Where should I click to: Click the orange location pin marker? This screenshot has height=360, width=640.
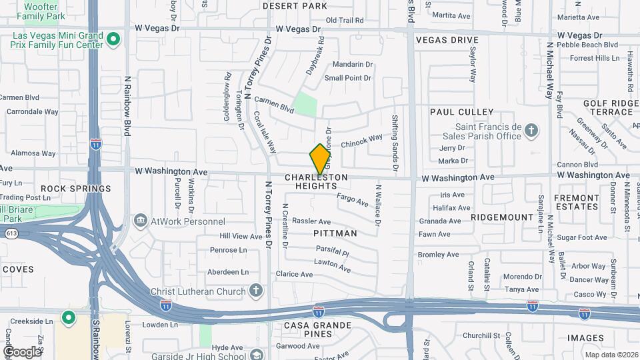pyautogui.click(x=320, y=159)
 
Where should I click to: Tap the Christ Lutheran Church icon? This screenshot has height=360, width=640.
pyautogui.click(x=256, y=290)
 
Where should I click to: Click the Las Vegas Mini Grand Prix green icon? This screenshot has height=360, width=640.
pyautogui.click(x=113, y=39)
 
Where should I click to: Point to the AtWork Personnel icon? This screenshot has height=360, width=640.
pyautogui.click(x=140, y=219)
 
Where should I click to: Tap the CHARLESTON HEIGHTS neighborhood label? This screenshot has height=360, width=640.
pyautogui.click(x=317, y=181)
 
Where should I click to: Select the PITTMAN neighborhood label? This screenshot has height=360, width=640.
pyautogui.click(x=335, y=233)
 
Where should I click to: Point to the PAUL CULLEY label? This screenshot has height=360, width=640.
pyautogui.click(x=461, y=112)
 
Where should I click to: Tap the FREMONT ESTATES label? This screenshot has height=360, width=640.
pyautogui.click(x=575, y=202)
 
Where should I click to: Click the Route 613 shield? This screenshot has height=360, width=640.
pyautogui.click(x=12, y=233)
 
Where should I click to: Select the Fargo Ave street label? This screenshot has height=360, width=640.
pyautogui.click(x=353, y=199)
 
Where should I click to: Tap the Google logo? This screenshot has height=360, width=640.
pyautogui.click(x=22, y=351)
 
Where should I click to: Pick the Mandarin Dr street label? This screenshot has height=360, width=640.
pyautogui.click(x=352, y=64)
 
